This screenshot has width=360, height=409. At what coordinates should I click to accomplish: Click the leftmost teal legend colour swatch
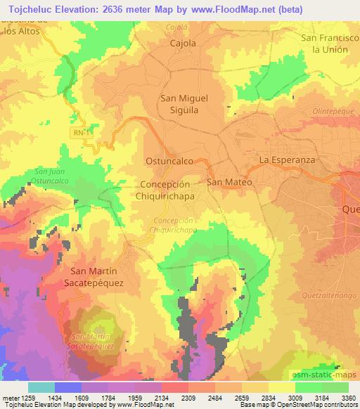[x=41, y=387]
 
